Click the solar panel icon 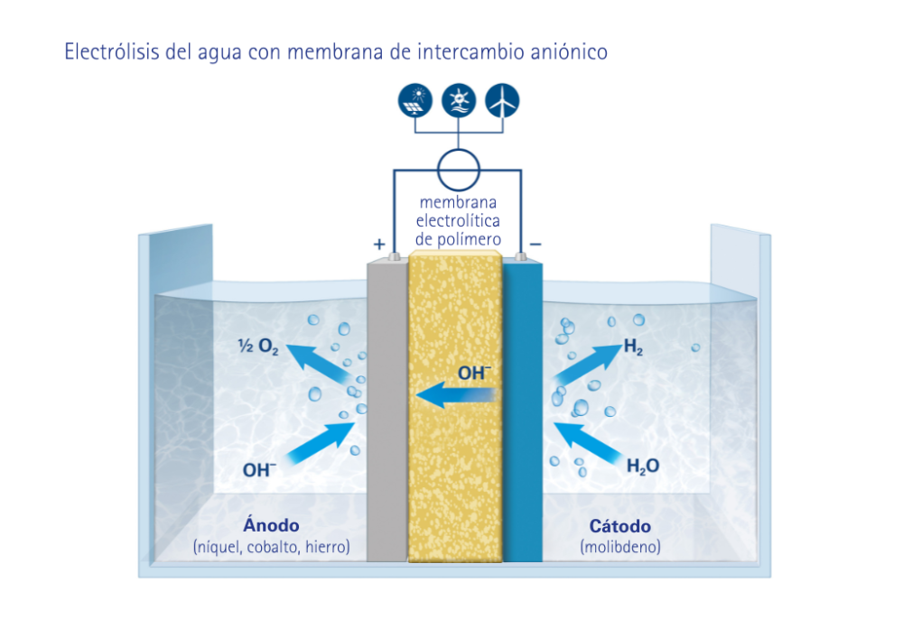point(415,101)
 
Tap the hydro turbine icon point(459,101)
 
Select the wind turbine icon point(502,101)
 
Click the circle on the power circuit point(459,165)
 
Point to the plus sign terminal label point(378,245)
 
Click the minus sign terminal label point(535,245)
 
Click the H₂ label point(633,347)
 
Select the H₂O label point(643,466)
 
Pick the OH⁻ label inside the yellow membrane point(474,372)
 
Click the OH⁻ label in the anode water point(259,469)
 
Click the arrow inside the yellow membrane point(456,394)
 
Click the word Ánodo point(271,525)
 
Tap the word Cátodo point(620,526)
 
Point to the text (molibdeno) point(620,547)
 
